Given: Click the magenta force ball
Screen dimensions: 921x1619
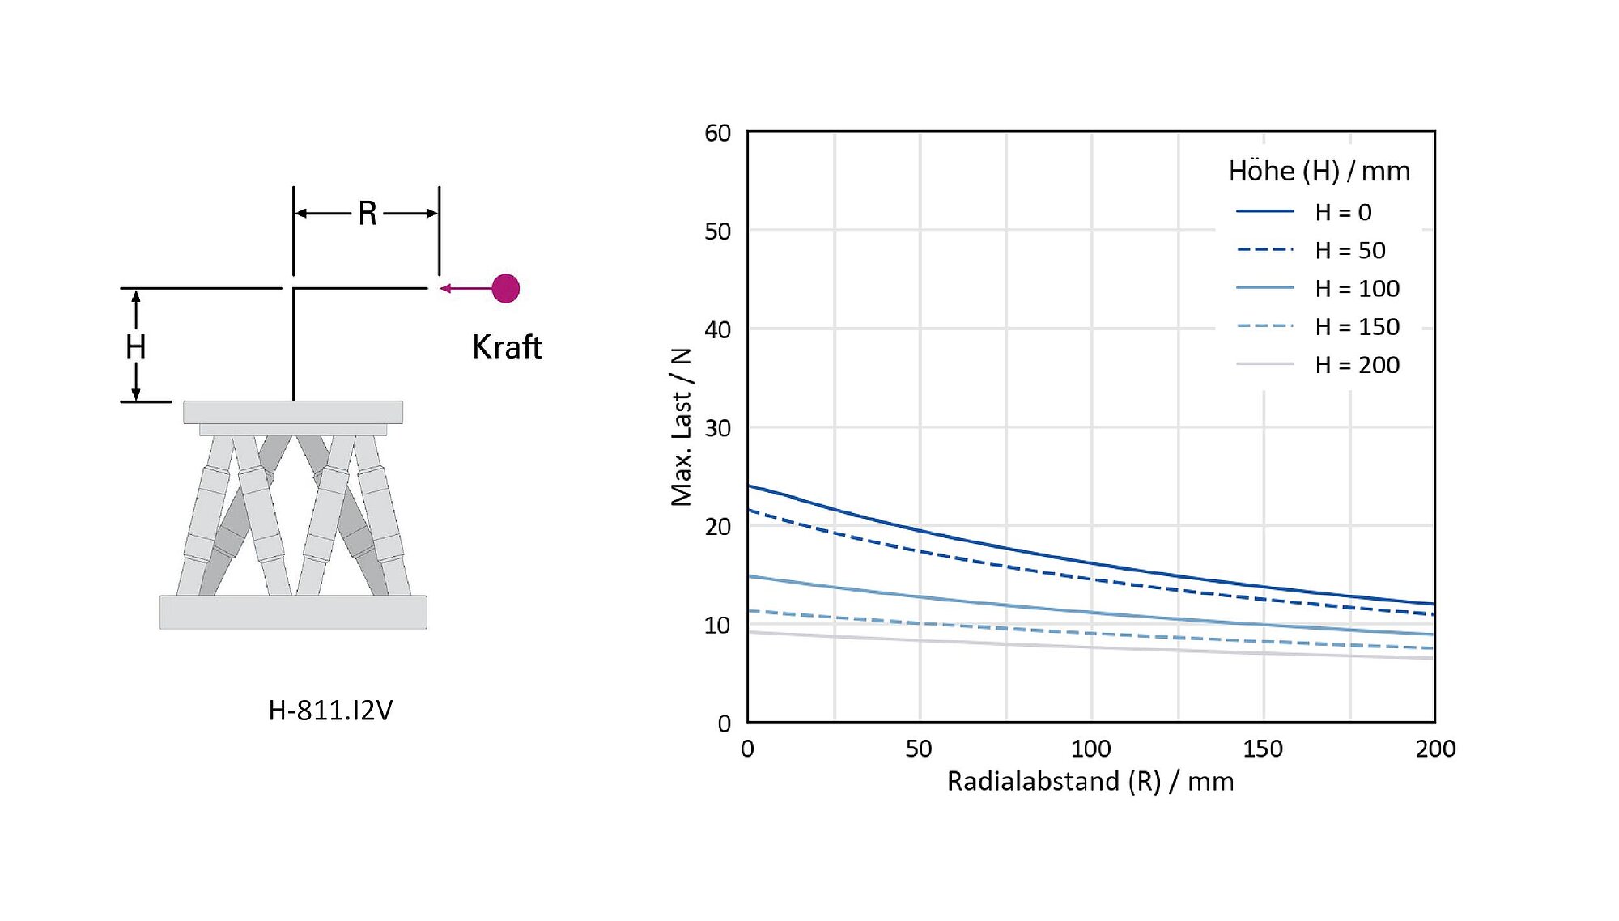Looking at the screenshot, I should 505,288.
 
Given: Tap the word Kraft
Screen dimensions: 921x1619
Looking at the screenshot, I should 507,347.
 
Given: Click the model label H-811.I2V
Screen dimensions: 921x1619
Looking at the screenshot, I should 330,711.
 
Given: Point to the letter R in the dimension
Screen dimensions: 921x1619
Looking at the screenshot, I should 368,214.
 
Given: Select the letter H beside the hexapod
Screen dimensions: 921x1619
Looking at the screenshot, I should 136,347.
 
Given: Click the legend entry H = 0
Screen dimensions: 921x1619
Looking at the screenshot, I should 1343,212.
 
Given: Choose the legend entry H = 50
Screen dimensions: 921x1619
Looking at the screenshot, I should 1349,250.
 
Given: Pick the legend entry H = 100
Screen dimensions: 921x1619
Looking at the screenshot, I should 1357,288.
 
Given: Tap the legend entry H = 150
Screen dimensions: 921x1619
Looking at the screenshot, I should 1357,326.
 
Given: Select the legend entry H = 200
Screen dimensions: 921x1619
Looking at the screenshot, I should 1357,365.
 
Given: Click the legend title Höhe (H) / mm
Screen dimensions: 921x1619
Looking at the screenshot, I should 1319,172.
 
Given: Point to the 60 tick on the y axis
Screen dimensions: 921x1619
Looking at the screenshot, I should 717,133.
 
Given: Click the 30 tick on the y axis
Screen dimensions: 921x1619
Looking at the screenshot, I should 717,428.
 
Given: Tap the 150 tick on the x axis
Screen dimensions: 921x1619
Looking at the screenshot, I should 1263,749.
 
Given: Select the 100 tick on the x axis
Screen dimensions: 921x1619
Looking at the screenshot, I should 1091,749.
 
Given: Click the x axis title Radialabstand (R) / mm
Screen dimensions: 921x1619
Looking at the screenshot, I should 1090,782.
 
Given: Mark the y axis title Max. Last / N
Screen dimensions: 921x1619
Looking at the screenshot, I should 682,427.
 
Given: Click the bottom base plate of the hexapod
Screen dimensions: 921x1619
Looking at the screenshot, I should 293,612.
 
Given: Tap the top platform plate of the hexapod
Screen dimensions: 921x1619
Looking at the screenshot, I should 293,412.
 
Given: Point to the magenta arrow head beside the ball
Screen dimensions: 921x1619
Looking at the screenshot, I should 445,288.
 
